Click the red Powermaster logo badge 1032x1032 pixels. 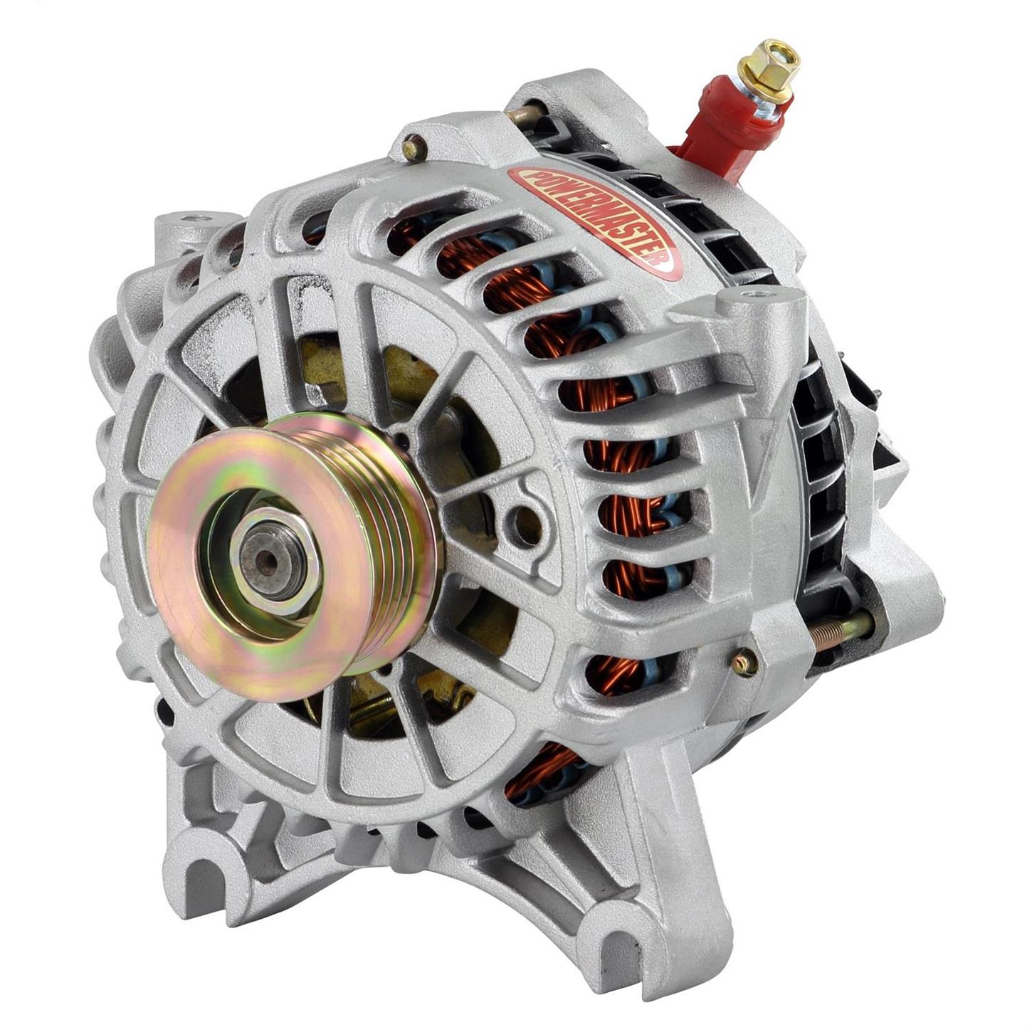(596, 216)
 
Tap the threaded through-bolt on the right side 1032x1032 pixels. (840, 628)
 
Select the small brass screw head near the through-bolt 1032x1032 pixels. (742, 662)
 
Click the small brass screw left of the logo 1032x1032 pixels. (412, 149)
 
